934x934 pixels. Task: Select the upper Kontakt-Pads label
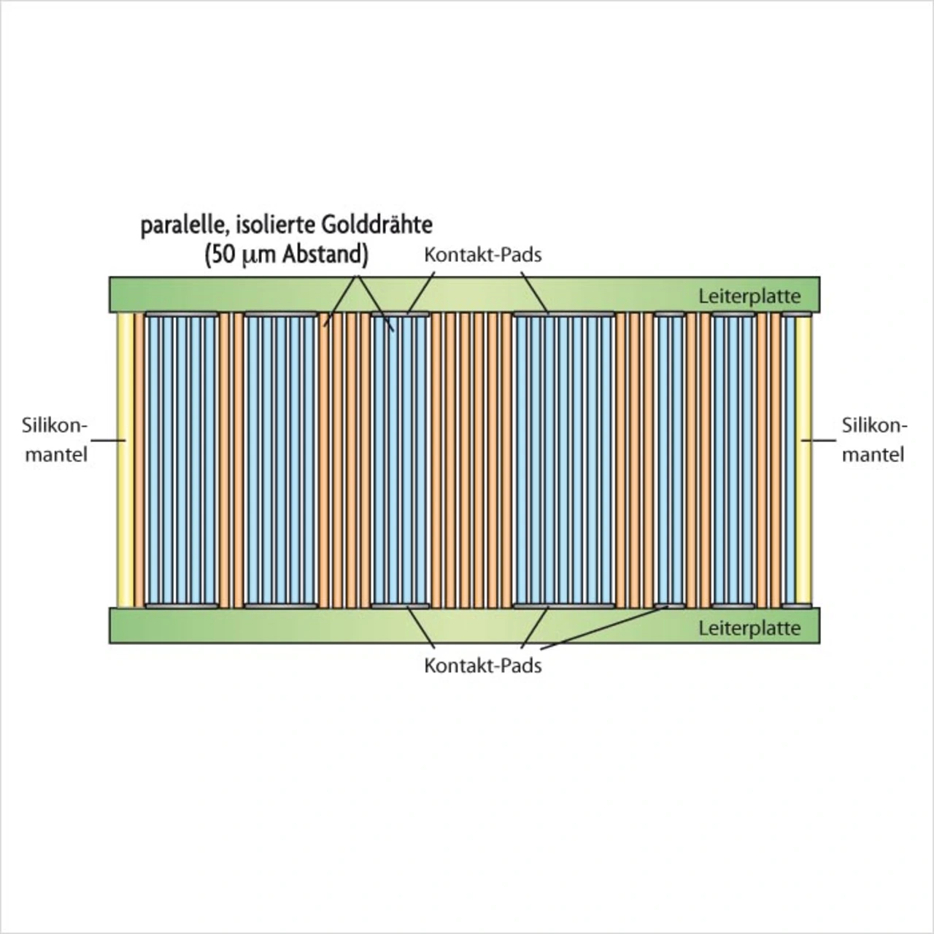[483, 255]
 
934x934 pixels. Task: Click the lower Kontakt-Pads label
[483, 665]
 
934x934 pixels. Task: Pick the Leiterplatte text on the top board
[749, 296]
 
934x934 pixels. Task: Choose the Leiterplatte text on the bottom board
[749, 628]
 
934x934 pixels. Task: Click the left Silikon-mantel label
[56, 440]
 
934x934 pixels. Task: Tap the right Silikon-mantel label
[873, 440]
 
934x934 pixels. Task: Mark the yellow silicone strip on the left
[125, 460]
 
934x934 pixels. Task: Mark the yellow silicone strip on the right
[804, 460]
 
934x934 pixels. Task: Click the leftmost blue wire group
[182, 460]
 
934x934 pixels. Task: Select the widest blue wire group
[564, 460]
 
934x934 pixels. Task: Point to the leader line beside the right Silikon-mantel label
[819, 440]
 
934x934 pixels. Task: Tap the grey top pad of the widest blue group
[564, 314]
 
